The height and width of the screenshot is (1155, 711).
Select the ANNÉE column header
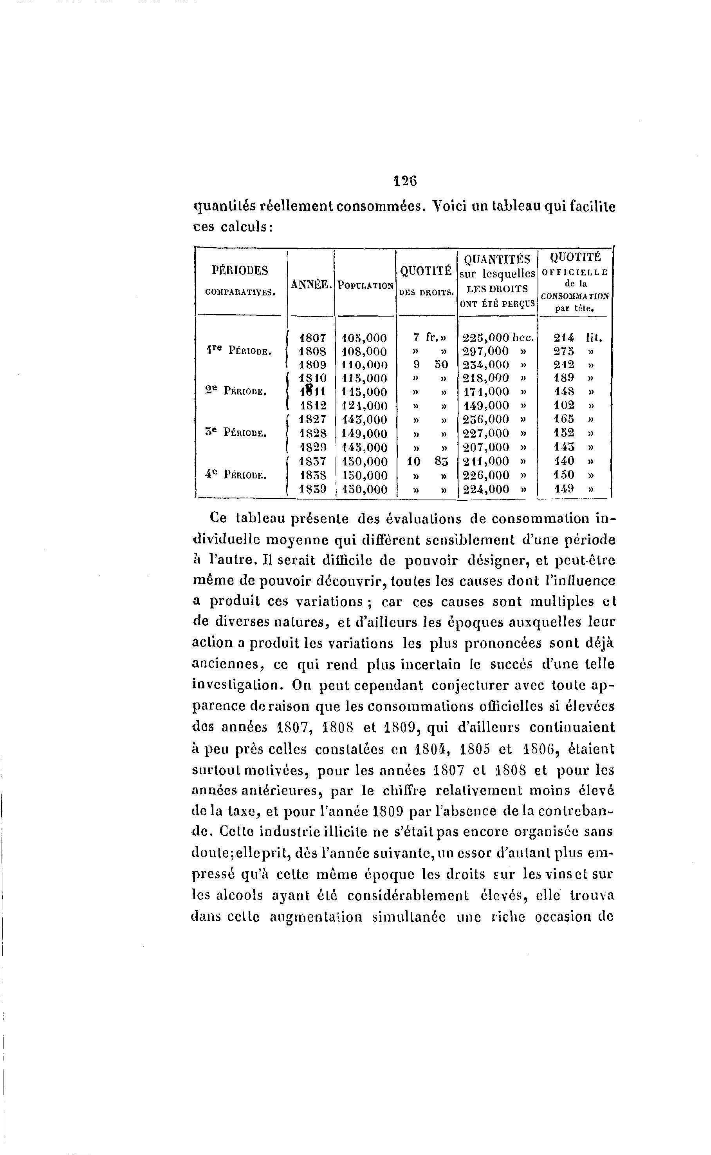click(x=311, y=284)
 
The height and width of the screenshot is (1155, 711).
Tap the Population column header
click(x=365, y=286)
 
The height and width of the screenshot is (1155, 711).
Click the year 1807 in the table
click(x=313, y=338)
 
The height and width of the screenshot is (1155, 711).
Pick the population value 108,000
click(x=365, y=351)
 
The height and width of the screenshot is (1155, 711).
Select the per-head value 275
click(x=564, y=351)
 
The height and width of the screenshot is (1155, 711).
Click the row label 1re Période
click(x=238, y=351)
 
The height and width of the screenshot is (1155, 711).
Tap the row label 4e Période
click(x=236, y=475)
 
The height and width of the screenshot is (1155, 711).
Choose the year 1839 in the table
click(x=313, y=489)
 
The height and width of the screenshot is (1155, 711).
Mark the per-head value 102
click(x=564, y=406)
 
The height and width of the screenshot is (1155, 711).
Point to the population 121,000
click(x=365, y=406)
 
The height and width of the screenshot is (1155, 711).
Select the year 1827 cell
click(x=313, y=420)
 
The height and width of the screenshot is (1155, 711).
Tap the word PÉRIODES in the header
click(x=240, y=270)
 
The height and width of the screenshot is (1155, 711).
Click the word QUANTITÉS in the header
click(x=497, y=259)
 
